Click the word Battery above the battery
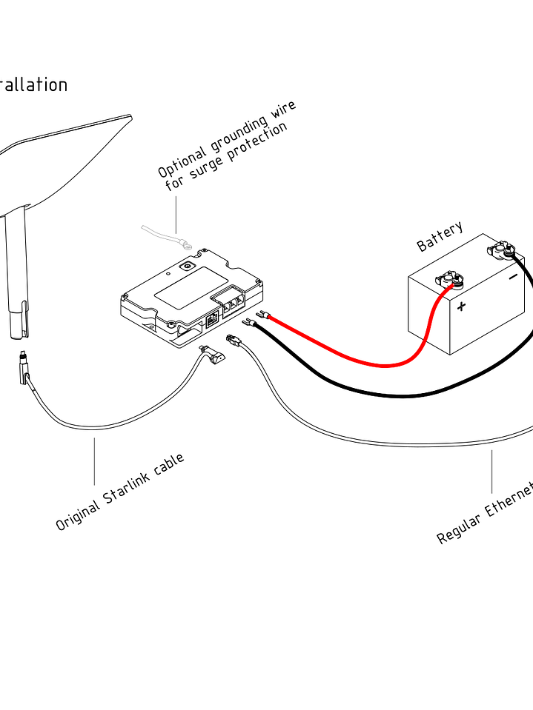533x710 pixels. tap(440, 236)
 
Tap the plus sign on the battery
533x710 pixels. tap(462, 306)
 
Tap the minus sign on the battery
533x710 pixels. tap(513, 278)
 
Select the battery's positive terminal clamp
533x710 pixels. tap(450, 280)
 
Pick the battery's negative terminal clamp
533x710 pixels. tap(503, 249)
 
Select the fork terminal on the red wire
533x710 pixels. tap(260, 315)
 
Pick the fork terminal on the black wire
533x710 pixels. tap(250, 322)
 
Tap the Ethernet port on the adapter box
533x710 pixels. tap(211, 321)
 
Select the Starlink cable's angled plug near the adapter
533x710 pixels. tap(214, 357)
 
